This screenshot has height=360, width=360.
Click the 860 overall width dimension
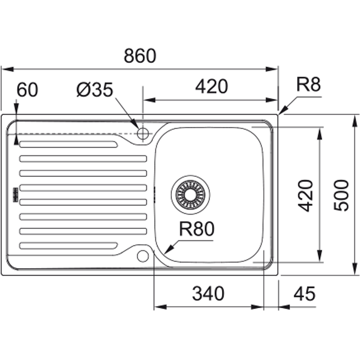(x=139, y=56)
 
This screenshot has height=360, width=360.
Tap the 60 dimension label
(x=27, y=90)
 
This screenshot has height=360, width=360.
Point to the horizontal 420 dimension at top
(x=211, y=86)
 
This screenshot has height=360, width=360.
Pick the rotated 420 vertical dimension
(x=306, y=195)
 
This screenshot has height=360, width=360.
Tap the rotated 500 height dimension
(x=342, y=195)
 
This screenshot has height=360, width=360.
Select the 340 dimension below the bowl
(x=208, y=294)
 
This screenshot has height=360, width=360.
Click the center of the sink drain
(x=190, y=194)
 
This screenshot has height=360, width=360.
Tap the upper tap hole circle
(x=143, y=133)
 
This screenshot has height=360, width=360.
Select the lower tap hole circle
(x=143, y=256)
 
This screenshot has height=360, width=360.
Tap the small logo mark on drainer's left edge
(x=14, y=194)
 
